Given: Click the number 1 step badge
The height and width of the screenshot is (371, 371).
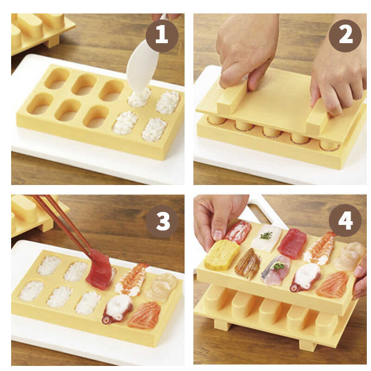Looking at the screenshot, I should (162, 36).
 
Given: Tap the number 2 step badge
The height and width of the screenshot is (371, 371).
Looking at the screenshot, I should (345, 36).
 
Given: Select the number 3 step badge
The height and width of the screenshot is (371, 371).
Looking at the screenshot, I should (162, 221).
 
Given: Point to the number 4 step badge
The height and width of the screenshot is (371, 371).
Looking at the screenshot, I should (345, 220).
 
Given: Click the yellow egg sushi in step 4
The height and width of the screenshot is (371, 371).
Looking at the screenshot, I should (222, 255).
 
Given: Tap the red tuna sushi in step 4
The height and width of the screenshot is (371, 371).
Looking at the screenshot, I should (292, 243).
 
